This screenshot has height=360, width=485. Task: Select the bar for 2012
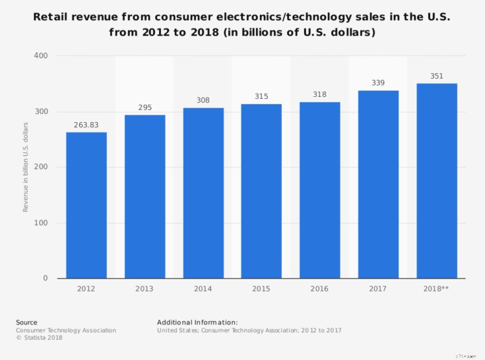point(86,206)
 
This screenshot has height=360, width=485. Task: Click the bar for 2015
point(261,191)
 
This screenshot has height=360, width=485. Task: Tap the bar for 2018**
point(436,181)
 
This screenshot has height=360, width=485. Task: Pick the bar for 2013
point(145,196)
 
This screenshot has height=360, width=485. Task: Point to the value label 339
point(378,83)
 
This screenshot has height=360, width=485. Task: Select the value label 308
point(203,100)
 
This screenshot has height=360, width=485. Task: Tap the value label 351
point(436,76)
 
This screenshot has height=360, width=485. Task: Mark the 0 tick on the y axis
point(45,279)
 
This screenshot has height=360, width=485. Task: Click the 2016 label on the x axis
point(319,289)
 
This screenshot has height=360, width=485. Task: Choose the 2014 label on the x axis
point(203,289)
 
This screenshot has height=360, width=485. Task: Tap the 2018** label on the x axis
point(436,289)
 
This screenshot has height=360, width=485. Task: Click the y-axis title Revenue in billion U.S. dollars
point(26,167)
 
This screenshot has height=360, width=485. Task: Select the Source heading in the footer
point(27,322)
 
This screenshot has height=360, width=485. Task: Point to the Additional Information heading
point(197,322)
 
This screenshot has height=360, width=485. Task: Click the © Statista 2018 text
point(39,337)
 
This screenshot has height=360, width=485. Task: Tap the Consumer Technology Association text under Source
point(66,330)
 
